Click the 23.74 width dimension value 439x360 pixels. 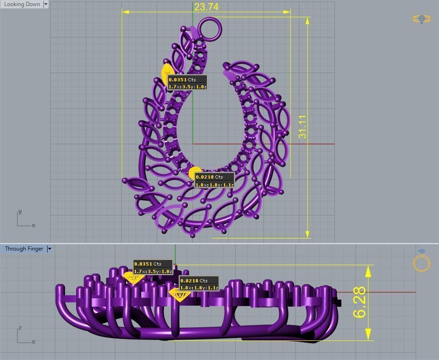(x=206, y=7)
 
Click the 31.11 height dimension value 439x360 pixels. (x=303, y=127)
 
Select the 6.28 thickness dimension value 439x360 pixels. (x=360, y=302)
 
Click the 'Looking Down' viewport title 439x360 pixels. (x=22, y=4)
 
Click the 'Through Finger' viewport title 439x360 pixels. (x=24, y=249)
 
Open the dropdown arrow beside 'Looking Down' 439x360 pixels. (x=46, y=4)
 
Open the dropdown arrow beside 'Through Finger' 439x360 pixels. (x=50, y=249)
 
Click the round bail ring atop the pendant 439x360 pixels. (x=210, y=29)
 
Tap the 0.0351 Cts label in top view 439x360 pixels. (x=182, y=79)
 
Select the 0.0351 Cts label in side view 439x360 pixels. (x=148, y=264)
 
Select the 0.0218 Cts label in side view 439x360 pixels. (x=194, y=281)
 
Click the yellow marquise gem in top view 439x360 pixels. (x=166, y=72)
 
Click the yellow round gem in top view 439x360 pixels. (x=194, y=173)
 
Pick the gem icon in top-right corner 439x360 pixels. (x=421, y=19)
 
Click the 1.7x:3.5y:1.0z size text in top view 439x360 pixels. (x=187, y=86)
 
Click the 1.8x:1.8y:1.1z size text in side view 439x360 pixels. (x=199, y=288)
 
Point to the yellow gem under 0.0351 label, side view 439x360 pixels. (x=133, y=279)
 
